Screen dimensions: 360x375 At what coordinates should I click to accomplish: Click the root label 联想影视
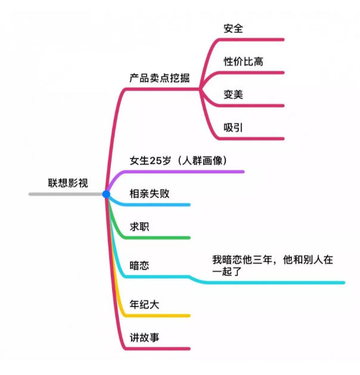point(68,183)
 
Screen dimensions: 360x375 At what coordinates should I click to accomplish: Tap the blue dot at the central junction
point(106,194)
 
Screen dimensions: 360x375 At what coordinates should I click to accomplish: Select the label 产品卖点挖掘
point(160,78)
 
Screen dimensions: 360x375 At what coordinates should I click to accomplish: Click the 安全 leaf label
point(233,29)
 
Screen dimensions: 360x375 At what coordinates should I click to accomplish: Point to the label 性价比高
point(243,61)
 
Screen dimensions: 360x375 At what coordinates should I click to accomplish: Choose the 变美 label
point(233,95)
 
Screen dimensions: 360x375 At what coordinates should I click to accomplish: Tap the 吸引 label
point(233,127)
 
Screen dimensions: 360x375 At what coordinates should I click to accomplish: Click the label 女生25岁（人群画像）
point(178,161)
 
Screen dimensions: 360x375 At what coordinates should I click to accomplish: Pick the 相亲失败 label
point(150,193)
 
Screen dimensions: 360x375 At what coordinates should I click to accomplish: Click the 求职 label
point(139,226)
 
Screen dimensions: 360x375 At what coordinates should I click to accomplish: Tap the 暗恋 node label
point(139,265)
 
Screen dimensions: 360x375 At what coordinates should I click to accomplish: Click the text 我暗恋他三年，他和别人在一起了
point(272,265)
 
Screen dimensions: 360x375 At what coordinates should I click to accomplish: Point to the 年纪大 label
point(144,304)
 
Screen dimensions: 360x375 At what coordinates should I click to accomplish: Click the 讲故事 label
point(144,337)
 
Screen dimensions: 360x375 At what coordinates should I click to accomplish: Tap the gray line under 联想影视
point(66,194)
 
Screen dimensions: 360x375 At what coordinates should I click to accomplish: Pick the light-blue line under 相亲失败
point(156,205)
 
